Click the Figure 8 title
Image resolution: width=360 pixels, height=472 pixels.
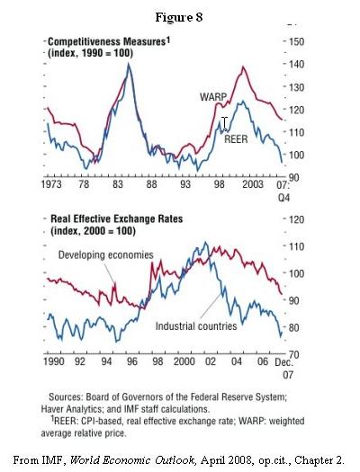click(x=179, y=17)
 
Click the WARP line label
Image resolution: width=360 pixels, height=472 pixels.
click(x=213, y=97)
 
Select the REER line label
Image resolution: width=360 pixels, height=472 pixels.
click(x=236, y=139)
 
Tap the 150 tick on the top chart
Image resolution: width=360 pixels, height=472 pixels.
click(x=296, y=41)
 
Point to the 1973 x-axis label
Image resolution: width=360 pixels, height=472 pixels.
click(x=51, y=184)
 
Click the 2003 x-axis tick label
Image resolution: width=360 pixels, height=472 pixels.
click(x=253, y=184)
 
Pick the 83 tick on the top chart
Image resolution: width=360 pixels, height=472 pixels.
click(x=118, y=184)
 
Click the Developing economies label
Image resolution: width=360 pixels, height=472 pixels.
click(x=105, y=255)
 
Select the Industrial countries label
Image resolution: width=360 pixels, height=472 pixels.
click(x=196, y=326)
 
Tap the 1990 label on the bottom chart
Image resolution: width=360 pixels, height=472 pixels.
click(x=54, y=361)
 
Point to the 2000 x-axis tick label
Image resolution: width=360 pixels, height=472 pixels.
click(x=184, y=361)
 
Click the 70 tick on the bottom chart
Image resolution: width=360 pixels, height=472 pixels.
click(x=293, y=354)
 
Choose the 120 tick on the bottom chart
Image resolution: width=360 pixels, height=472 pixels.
click(x=296, y=219)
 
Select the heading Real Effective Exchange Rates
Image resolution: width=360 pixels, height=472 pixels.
click(x=117, y=218)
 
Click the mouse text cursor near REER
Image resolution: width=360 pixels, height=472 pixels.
click(x=224, y=123)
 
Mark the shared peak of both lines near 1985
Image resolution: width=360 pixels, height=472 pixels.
click(x=129, y=64)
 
